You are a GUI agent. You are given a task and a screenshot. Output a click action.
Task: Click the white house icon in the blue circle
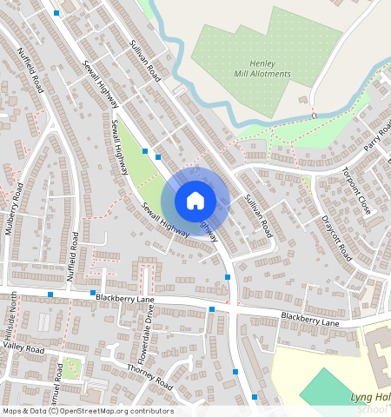[195, 201]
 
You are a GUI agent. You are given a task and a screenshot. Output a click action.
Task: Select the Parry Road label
[379, 136]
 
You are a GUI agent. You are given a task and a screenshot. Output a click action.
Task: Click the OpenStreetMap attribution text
[87, 411]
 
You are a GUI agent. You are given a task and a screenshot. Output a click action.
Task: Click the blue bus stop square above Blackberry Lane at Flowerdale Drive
[211, 309]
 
